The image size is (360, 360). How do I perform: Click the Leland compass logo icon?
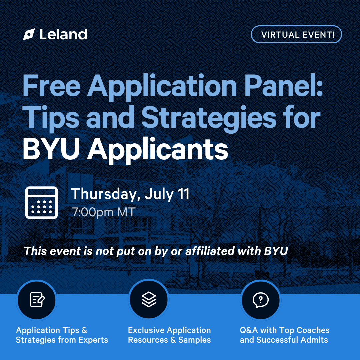(29, 34)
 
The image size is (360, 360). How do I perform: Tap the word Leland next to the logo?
(63, 34)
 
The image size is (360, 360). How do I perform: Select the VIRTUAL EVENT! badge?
(296, 34)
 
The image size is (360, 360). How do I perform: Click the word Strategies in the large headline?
(209, 118)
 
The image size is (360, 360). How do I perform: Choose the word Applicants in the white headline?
(157, 151)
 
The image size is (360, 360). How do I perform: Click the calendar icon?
(42, 203)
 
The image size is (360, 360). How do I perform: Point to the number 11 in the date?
(184, 194)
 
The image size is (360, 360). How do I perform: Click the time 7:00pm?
(93, 212)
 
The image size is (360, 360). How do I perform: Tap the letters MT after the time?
(126, 212)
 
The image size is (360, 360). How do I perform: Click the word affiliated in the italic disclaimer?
(210, 251)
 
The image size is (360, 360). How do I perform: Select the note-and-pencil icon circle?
(37, 300)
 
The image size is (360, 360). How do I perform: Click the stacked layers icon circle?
(149, 299)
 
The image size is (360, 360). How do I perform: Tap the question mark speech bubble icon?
(261, 300)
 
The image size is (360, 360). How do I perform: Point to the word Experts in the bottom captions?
(93, 340)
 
